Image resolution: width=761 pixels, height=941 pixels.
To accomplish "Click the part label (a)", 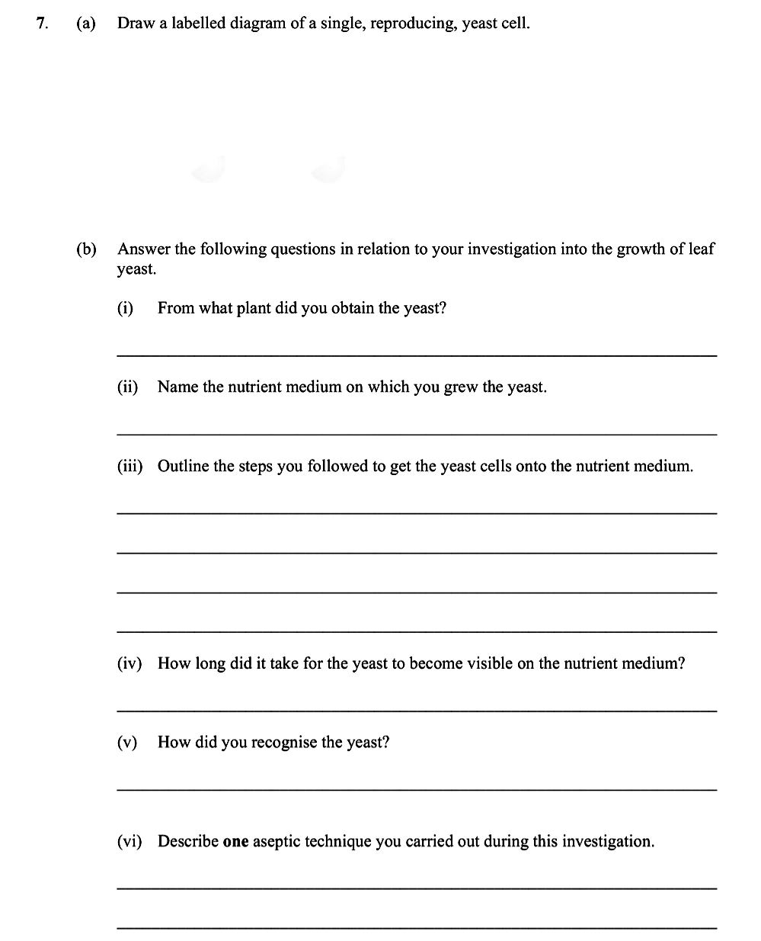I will tap(86, 23).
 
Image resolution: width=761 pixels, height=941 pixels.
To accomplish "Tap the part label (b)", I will tap(86, 249).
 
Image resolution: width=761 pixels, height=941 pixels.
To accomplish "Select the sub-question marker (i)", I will tap(125, 308).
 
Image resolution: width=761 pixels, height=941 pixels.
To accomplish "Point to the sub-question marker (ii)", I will tap(127, 387).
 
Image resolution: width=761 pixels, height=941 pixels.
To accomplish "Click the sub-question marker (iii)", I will tap(129, 466).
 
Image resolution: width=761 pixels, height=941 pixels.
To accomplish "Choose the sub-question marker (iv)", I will tap(129, 663).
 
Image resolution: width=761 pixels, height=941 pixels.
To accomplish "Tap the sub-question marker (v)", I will tap(126, 742).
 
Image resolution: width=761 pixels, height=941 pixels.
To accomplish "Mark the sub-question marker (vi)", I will tap(129, 841).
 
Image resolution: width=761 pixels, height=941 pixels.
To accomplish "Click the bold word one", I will tap(235, 842).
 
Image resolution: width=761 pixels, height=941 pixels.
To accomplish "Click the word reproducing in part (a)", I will tap(413, 24).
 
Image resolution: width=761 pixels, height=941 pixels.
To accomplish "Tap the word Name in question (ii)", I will tap(177, 387).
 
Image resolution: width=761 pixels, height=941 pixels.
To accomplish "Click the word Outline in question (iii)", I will tap(184, 466).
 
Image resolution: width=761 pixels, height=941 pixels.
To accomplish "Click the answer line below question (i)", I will tap(417, 355).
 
